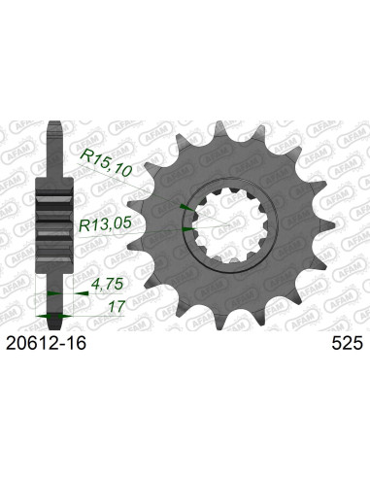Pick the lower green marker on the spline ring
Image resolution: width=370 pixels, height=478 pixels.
point(185,229)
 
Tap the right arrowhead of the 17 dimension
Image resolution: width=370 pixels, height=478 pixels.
point(66,317)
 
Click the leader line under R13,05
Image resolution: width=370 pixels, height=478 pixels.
point(136,234)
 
